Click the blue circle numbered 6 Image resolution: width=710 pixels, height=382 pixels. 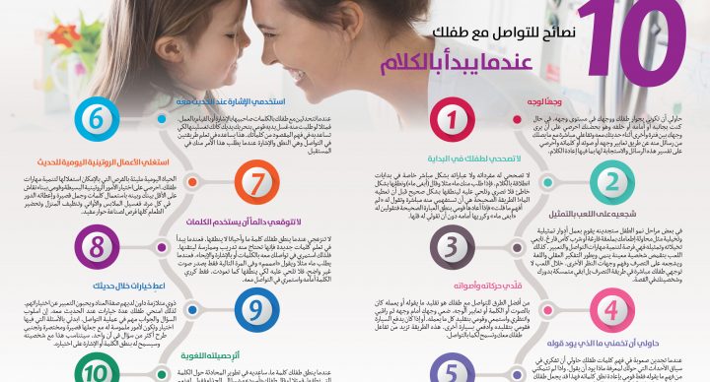[x=96, y=120]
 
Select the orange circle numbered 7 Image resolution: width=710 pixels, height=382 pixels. [x=255, y=182]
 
